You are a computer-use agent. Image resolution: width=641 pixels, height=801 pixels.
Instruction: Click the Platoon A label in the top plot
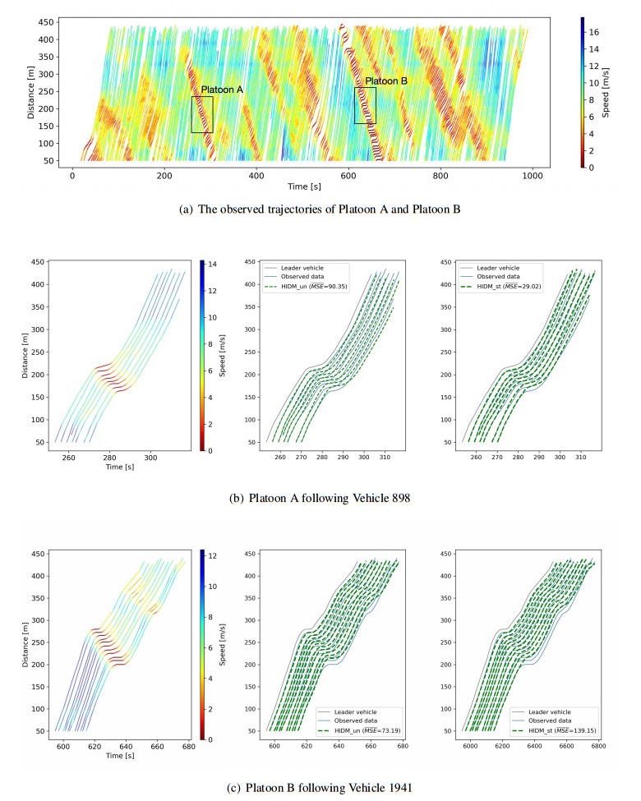pyautogui.click(x=222, y=90)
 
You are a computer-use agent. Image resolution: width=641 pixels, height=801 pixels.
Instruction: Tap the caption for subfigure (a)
pyautogui.click(x=320, y=210)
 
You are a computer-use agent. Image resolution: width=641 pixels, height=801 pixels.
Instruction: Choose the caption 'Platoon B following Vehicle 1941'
pyautogui.click(x=320, y=787)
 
